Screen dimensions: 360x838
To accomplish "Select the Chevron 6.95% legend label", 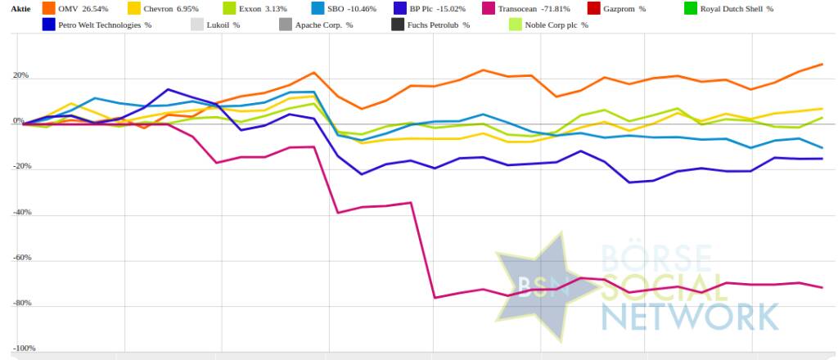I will pyautogui.click(x=169, y=9).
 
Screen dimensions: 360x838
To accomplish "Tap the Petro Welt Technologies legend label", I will pyautogui.click(x=106, y=25).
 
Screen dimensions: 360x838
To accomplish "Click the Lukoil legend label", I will pyautogui.click(x=223, y=25).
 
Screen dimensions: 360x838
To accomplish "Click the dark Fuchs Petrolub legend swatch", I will pyautogui.click(x=398, y=25).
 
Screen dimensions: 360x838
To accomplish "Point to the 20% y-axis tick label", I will pyautogui.click(x=20, y=76).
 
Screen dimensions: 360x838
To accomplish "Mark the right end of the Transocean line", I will pyautogui.click(x=822, y=287).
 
